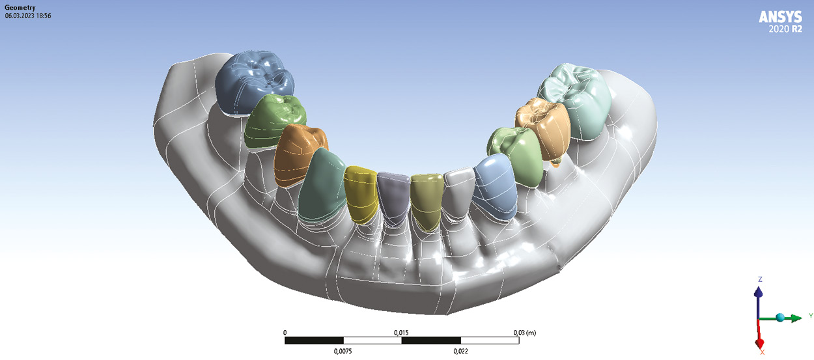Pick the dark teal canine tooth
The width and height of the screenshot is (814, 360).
point(321,186)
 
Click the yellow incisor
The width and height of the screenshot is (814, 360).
point(361,195)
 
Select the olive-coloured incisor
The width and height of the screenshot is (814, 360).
point(427,202)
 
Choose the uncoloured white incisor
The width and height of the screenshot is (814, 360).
point(458,192)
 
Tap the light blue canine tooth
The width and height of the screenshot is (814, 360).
point(495,187)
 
